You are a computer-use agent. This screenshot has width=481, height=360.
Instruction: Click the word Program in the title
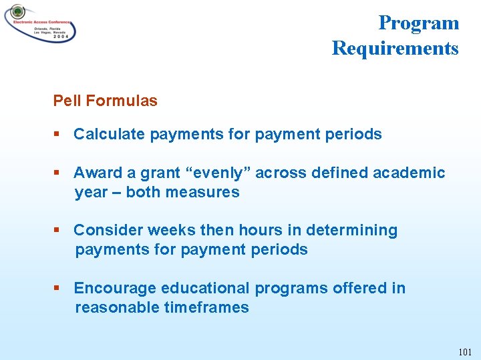pyautogui.click(x=418, y=23)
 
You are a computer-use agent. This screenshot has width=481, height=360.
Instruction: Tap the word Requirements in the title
pyautogui.click(x=395, y=48)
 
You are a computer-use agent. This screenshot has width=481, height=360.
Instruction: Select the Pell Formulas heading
pyautogui.click(x=106, y=101)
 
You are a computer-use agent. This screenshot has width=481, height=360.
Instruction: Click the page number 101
pyautogui.click(x=465, y=352)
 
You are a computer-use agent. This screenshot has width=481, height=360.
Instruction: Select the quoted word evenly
pyautogui.click(x=220, y=173)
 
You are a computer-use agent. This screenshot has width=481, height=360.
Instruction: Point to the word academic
pyautogui.click(x=409, y=173)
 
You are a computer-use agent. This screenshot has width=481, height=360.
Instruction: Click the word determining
pyautogui.click(x=351, y=230)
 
